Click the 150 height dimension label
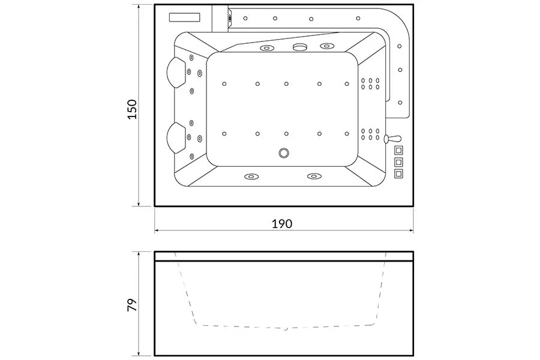132,109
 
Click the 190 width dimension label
282,224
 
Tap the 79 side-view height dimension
132,305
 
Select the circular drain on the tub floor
284,152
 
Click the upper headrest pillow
176,73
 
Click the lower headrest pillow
176,137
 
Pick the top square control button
398,151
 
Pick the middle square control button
398,162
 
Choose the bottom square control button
398,173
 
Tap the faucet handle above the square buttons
392,139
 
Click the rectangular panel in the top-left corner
185,17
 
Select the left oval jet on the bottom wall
251,176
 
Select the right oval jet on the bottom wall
313,176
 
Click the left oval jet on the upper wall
266,48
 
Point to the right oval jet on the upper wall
327,46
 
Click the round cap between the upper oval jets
299,47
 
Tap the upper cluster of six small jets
370,84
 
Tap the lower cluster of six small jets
370,134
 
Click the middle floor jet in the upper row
286,84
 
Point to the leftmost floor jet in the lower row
224,134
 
